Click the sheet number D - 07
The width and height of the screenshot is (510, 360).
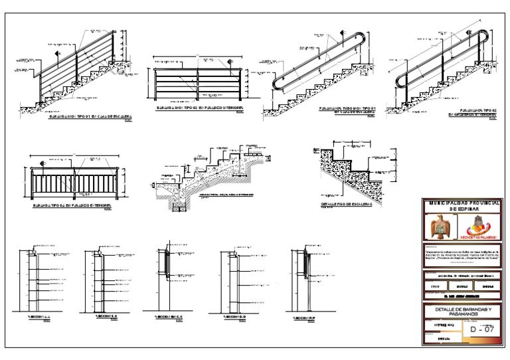click(x=482, y=329)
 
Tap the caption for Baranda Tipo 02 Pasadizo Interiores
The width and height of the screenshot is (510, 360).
click(x=200, y=107)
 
